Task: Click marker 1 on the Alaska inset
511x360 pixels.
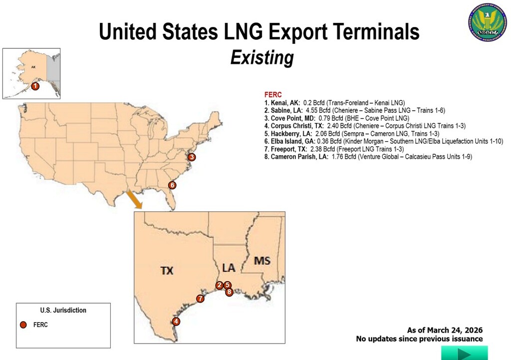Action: [35, 86]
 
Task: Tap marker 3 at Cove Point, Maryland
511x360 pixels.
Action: [192, 157]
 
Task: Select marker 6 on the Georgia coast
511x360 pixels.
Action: [172, 185]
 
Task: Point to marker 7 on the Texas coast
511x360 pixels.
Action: [200, 299]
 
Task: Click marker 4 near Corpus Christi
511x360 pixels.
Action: [176, 322]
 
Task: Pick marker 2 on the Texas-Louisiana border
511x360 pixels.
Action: [219, 285]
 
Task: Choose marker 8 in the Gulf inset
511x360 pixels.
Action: [229, 292]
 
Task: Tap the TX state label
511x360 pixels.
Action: [167, 271]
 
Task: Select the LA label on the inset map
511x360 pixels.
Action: [228, 268]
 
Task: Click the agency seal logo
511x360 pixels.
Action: [487, 21]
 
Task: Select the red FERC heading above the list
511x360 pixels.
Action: [273, 95]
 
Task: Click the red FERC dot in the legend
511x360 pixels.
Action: [23, 325]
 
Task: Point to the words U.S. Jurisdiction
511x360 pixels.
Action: [63, 311]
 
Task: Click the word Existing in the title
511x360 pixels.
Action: [261, 58]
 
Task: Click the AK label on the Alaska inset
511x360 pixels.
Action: [33, 66]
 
